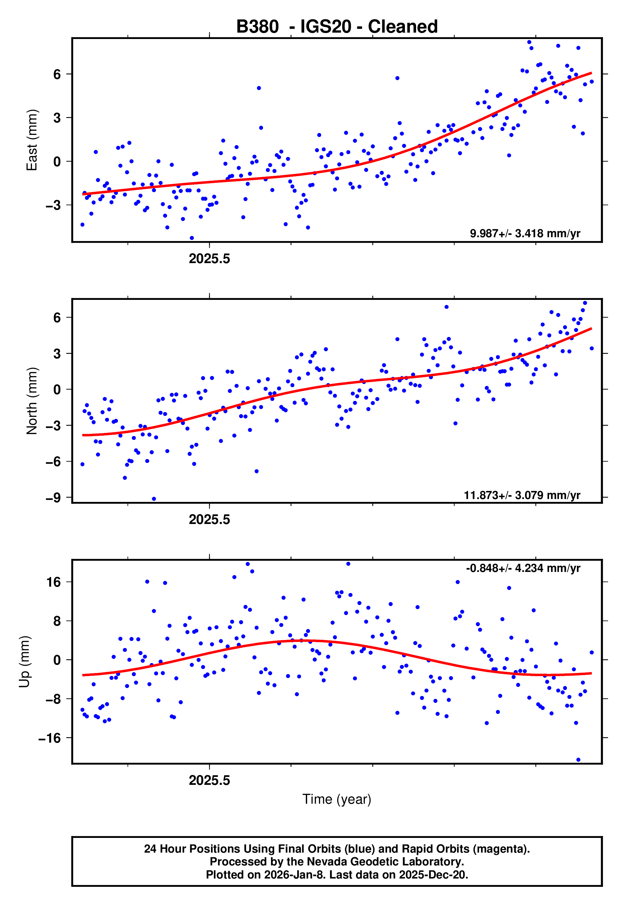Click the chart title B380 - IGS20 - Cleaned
(337, 27)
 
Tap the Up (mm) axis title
(25, 662)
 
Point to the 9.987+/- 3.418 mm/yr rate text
(525, 233)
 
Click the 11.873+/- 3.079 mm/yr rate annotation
(522, 495)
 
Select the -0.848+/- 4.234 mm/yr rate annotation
(523, 568)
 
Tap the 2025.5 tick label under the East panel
(209, 259)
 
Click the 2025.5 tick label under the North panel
(209, 520)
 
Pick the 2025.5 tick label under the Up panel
(209, 780)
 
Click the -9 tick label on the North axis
(53, 498)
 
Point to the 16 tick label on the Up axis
(54, 582)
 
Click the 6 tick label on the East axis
(57, 74)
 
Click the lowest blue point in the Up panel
(578, 760)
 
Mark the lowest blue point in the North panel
(154, 499)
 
